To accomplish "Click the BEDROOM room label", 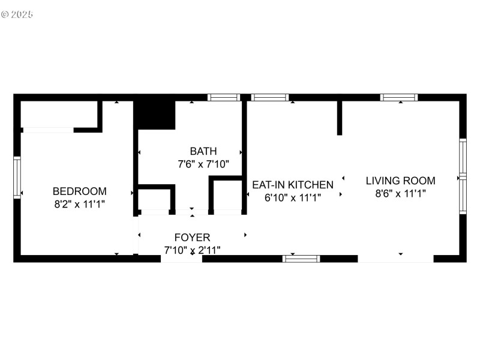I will point(80,191).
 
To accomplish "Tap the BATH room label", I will point(203,151).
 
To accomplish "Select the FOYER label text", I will point(192,238).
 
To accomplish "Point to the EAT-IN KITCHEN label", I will point(292,185).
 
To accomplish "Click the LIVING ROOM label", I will point(400,181).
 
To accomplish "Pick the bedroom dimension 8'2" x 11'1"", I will point(80,204).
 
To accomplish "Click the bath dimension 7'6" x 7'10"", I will point(203,164).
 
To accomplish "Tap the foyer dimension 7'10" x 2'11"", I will point(192,250).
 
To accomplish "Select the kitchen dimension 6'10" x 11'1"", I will point(292,197).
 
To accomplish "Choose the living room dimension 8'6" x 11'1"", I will point(400,193).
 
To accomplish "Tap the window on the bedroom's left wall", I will point(17,177).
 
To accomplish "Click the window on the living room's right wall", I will point(463,176).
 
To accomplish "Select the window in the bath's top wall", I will point(223,97).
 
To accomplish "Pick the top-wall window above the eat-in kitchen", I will point(269,97).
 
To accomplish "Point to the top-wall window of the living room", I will point(399,97).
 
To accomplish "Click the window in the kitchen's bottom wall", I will point(301,259).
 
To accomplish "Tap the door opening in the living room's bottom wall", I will point(395,259).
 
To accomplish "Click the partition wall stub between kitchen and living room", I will point(340,118).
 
